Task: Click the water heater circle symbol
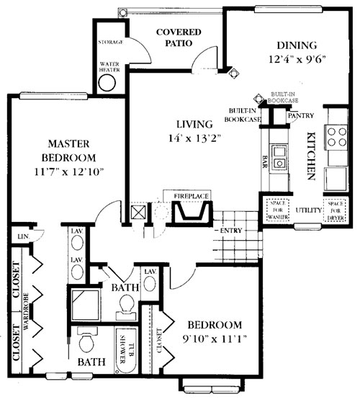click(107, 81)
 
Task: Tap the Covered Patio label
click(178, 39)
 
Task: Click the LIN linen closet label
click(23, 236)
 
